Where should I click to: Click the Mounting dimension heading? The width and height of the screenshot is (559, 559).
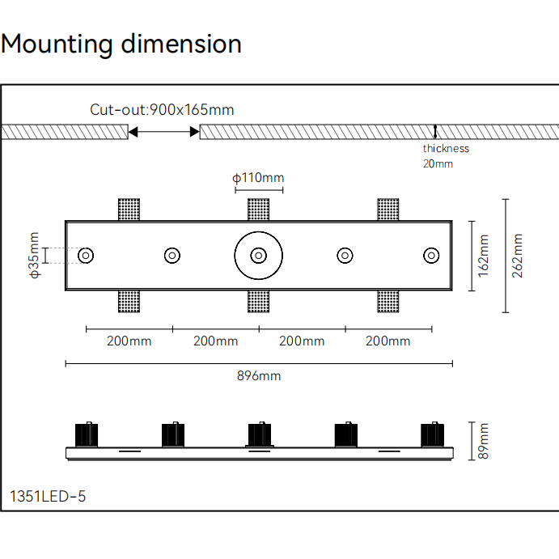(121, 44)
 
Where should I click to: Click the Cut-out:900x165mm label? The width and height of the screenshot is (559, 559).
(162, 110)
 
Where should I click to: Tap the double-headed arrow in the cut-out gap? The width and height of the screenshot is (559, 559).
(163, 132)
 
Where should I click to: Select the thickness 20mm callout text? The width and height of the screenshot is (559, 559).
(445, 155)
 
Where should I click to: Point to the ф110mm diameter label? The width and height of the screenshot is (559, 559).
(258, 178)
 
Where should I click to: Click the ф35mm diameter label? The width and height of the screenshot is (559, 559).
(34, 256)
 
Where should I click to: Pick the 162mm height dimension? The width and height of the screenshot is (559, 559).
(484, 256)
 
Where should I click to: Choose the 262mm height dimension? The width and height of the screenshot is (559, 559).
(518, 256)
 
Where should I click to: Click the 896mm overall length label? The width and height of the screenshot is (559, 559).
(259, 375)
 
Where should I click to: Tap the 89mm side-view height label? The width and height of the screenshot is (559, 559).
(484, 441)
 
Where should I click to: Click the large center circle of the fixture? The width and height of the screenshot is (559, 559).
(258, 256)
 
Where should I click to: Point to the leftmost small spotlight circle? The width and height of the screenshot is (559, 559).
(86, 256)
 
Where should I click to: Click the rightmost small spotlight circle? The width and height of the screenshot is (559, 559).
(431, 256)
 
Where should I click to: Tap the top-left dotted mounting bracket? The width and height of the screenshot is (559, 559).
(129, 209)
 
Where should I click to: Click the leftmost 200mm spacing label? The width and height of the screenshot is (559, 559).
(129, 341)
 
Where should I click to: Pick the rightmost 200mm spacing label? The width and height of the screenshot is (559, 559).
(388, 341)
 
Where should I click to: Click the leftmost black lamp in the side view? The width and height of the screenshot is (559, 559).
(87, 435)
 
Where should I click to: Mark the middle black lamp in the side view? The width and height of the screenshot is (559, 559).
(259, 435)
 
